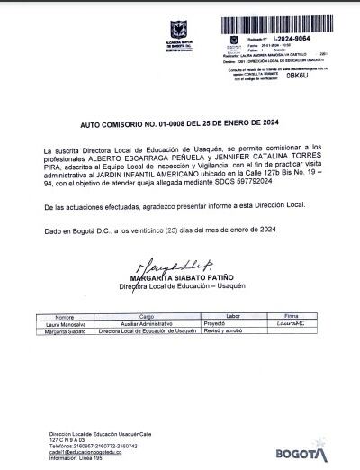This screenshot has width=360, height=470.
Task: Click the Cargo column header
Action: [x=148, y=318]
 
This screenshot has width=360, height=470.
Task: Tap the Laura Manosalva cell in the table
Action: [x=61, y=325]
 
